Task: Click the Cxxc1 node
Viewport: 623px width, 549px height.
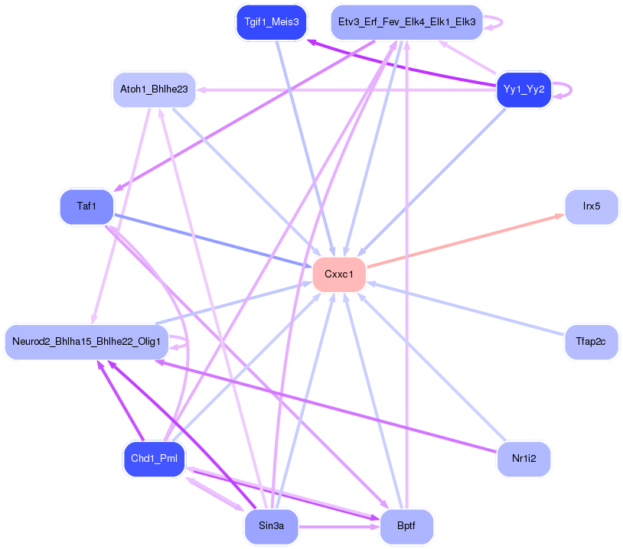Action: pyautogui.click(x=339, y=274)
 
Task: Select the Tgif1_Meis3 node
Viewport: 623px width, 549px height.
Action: pyautogui.click(x=272, y=22)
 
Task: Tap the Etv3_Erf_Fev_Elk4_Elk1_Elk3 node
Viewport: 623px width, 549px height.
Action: pyautogui.click(x=406, y=22)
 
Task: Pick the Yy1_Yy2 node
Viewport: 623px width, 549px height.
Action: pyautogui.click(x=524, y=89)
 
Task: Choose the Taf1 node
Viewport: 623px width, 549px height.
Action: pyautogui.click(x=86, y=206)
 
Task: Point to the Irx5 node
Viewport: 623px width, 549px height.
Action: pyautogui.click(x=591, y=206)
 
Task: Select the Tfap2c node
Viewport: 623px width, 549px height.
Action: pyautogui.click(x=591, y=341)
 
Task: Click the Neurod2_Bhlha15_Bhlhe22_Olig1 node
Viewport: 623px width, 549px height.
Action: pyautogui.click(x=86, y=341)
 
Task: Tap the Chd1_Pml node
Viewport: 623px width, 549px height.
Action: pyautogui.click(x=154, y=458)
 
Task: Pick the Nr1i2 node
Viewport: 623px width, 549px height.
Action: pyautogui.click(x=524, y=458)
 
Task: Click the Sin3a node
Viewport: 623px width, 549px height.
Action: pyautogui.click(x=271, y=527)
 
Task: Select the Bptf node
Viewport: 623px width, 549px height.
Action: pyautogui.click(x=406, y=527)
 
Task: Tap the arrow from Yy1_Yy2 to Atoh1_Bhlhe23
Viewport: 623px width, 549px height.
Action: pyautogui.click(x=344, y=89)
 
